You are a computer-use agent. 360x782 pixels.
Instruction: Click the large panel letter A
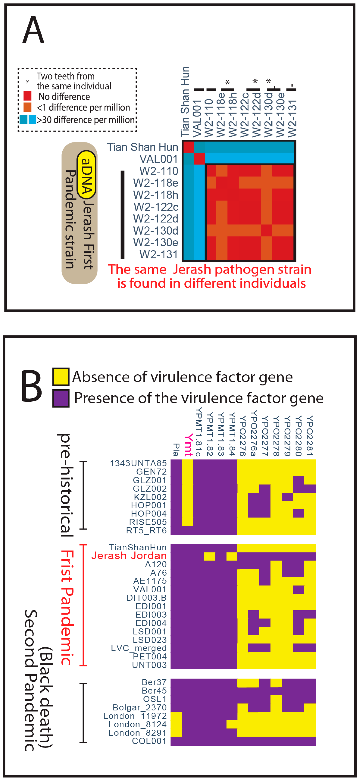(33, 30)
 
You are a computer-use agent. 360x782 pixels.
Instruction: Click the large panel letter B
(32, 386)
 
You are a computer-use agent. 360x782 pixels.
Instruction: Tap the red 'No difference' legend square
(27, 96)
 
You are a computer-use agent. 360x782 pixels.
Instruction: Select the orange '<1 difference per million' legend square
(27, 107)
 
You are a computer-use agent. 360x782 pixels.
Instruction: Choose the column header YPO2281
(309, 436)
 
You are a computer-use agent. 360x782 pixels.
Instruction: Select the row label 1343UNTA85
(138, 463)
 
